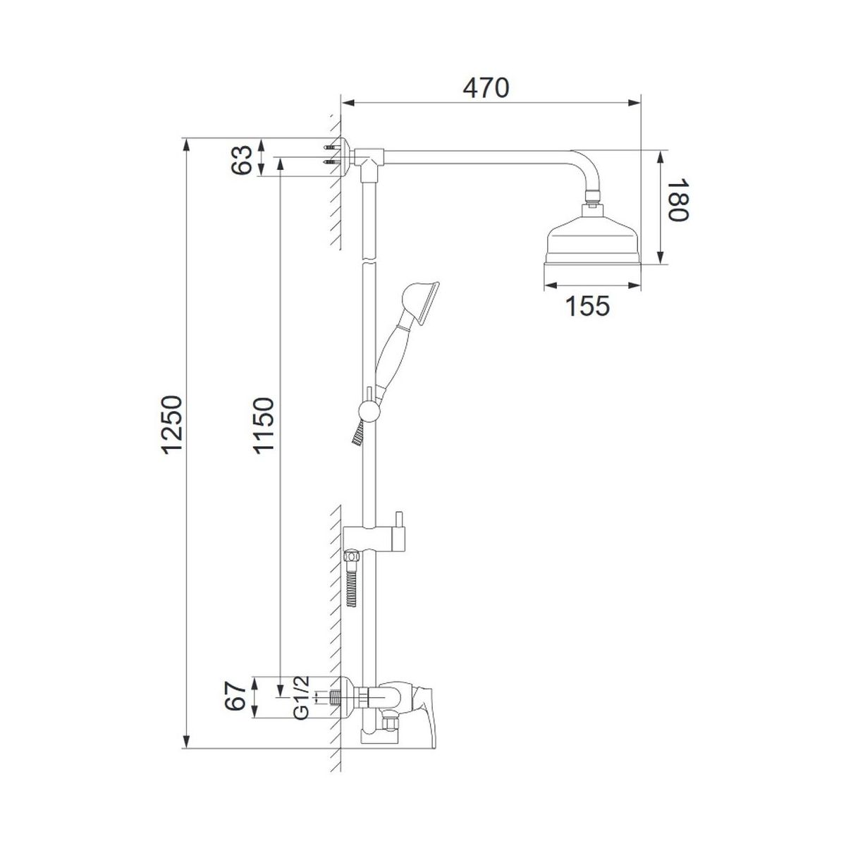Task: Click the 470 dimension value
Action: [486, 88]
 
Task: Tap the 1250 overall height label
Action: [171, 424]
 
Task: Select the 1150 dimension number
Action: [264, 424]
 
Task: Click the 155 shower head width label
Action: [588, 305]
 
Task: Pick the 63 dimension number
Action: [242, 160]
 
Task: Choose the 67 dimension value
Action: [235, 708]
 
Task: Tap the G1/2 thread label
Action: [302, 706]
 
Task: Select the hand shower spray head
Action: [420, 303]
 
